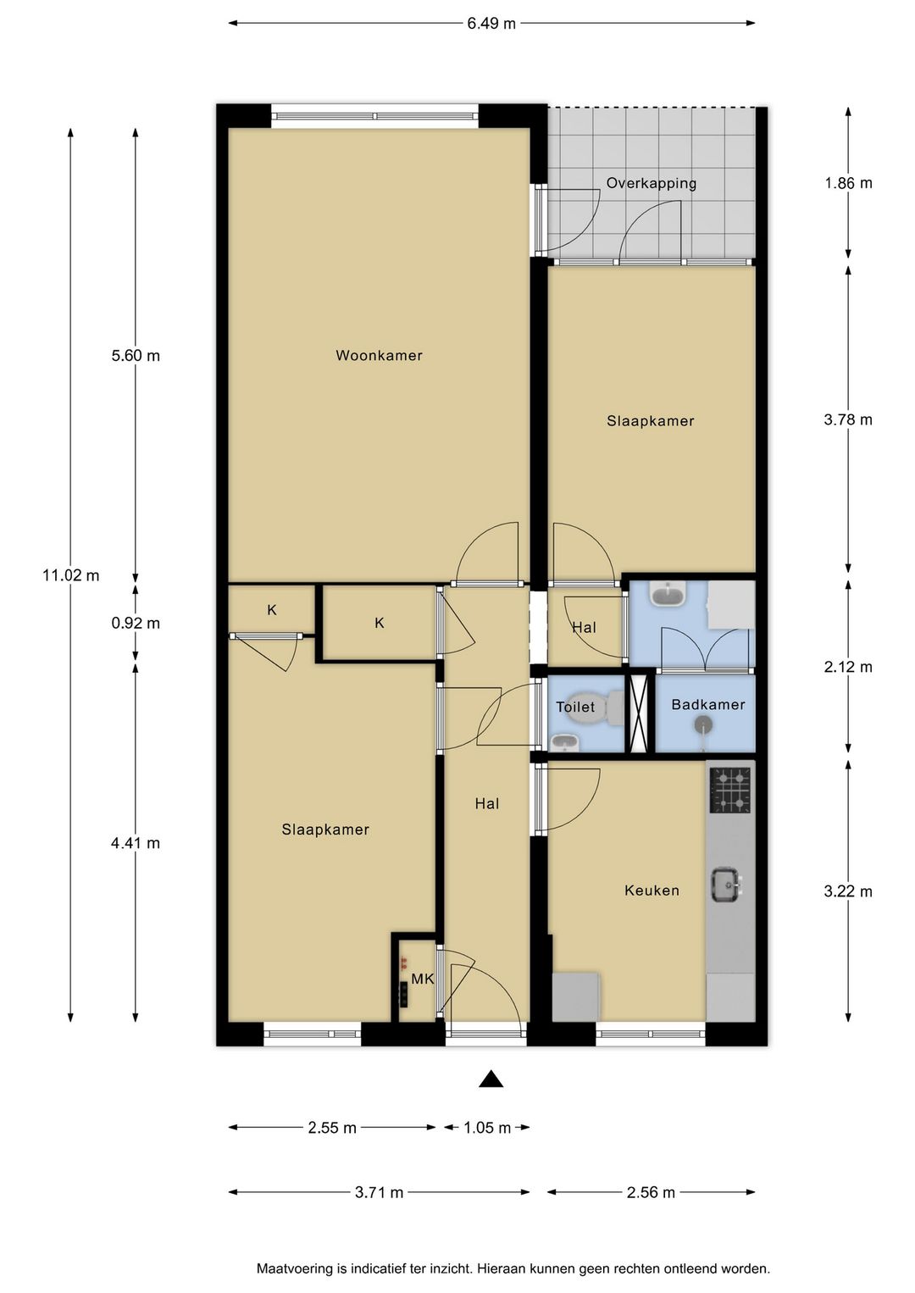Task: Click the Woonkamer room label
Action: coord(379,355)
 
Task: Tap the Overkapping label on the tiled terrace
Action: coord(652,183)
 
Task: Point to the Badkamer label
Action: coord(707,704)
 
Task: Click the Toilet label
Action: coord(575,707)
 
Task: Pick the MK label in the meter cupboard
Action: coord(422,979)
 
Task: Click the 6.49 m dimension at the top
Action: coord(491,24)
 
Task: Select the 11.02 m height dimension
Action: coord(71,575)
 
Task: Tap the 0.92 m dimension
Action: coord(136,624)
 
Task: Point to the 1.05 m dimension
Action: coord(487,1127)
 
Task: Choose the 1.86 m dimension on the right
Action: coord(848,183)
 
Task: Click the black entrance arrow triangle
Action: coord(491,1079)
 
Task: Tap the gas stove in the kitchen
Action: coord(730,790)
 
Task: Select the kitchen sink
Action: coord(726,885)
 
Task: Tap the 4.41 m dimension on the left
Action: coord(136,843)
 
